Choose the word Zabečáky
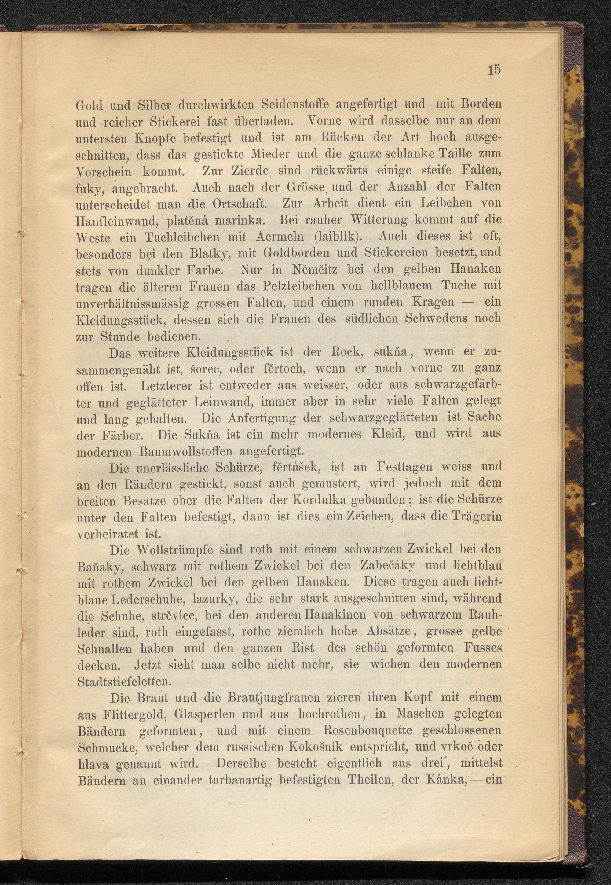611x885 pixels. pyautogui.click(x=387, y=566)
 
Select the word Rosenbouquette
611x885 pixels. pyautogui.click(x=368, y=731)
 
